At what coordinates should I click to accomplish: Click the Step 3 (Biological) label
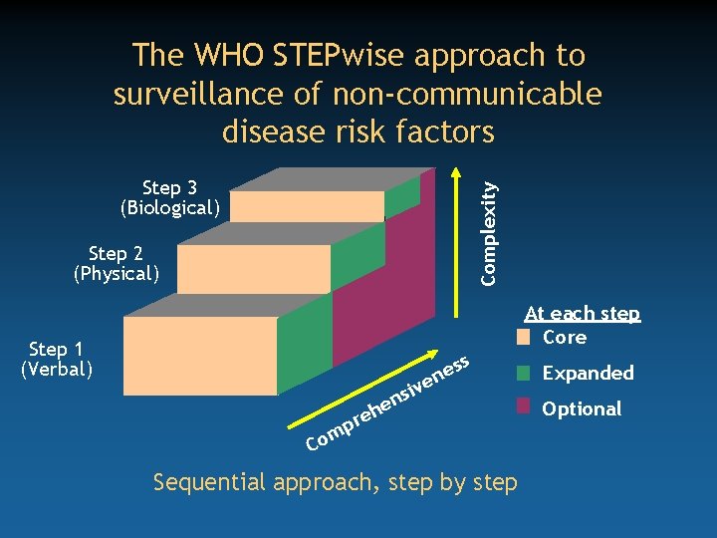pyautogui.click(x=169, y=198)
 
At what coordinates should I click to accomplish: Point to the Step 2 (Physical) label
pyautogui.click(x=117, y=263)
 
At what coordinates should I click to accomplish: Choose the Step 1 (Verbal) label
pyautogui.click(x=57, y=359)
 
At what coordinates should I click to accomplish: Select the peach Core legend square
pyautogui.click(x=524, y=337)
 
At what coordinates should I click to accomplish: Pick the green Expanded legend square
pyautogui.click(x=524, y=374)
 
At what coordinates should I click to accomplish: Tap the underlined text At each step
pyautogui.click(x=582, y=314)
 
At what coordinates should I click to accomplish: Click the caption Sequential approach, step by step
pyautogui.click(x=335, y=483)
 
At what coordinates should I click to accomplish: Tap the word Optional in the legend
pyautogui.click(x=582, y=408)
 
